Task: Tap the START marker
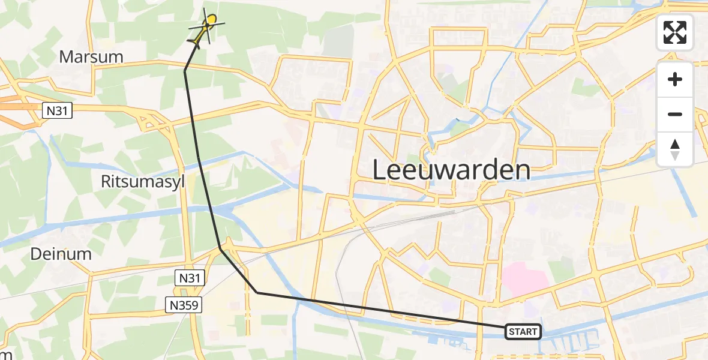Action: (524, 331)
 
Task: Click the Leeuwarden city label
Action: (451, 170)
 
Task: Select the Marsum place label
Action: (91, 57)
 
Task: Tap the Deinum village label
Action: (61, 254)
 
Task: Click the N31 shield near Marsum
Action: (57, 110)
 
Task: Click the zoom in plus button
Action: (675, 79)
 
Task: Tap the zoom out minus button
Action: (675, 114)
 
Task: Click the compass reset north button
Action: (675, 149)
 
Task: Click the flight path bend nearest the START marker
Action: (257, 293)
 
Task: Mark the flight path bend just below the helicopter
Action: (185, 71)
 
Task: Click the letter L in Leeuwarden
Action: (379, 170)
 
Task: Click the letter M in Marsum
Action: (66, 57)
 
